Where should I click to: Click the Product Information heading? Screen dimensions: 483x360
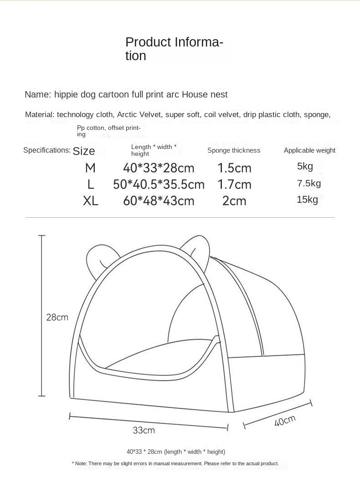click(x=174, y=49)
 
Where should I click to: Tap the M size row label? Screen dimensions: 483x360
click(x=90, y=168)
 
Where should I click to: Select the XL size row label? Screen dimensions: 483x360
click(x=91, y=201)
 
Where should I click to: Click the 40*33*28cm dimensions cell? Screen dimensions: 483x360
click(x=159, y=168)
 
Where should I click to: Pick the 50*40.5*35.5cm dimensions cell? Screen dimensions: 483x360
click(x=159, y=185)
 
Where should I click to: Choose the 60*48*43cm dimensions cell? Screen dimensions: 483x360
click(x=159, y=201)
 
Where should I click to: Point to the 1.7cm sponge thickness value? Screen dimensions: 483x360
click(x=234, y=185)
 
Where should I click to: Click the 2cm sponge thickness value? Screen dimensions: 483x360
click(x=234, y=201)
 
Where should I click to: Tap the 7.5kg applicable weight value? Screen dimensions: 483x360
click(x=309, y=183)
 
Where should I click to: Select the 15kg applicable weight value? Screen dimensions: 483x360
click(x=307, y=199)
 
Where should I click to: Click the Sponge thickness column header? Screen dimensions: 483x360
click(x=234, y=150)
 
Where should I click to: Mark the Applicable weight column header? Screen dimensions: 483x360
click(x=309, y=150)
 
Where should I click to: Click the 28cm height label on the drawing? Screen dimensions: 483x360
click(x=57, y=317)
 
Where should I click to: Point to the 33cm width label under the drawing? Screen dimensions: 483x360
click(x=144, y=430)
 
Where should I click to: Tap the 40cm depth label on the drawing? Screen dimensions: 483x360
click(x=285, y=421)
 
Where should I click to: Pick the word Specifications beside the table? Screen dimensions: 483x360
click(x=47, y=150)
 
